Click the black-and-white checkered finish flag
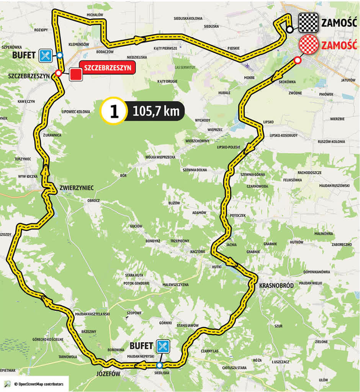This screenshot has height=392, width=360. (x=309, y=22)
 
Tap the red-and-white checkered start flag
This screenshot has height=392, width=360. (x=309, y=44)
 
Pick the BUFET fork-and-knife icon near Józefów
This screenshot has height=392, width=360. (x=162, y=346)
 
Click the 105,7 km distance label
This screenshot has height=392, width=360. (x=156, y=111)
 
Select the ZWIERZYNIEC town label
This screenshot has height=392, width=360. (x=77, y=188)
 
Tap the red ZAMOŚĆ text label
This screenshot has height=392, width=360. (x=339, y=45)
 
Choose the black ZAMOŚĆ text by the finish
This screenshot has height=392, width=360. (x=339, y=23)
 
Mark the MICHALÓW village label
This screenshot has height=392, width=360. (x=95, y=15)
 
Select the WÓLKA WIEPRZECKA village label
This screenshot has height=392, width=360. (x=160, y=157)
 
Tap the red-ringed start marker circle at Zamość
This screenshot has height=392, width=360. (x=297, y=60)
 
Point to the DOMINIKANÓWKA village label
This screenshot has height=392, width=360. (x=316, y=272)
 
